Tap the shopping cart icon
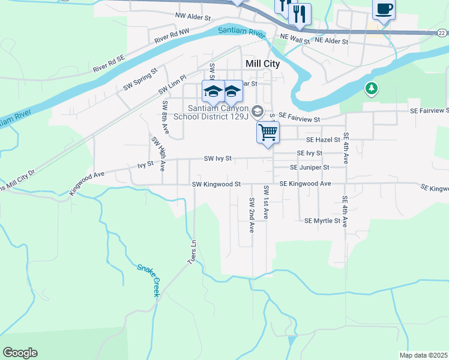tap(268, 131)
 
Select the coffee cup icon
tap(384, 10)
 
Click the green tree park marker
tap(372, 89)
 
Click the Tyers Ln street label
tap(192, 252)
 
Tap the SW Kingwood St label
tap(216, 184)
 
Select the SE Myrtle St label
tap(322, 221)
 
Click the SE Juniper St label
tap(310, 168)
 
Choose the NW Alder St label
tap(194, 16)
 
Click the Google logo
tap(20, 353)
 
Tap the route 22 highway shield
tap(441, 33)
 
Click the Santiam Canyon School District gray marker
tap(258, 110)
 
